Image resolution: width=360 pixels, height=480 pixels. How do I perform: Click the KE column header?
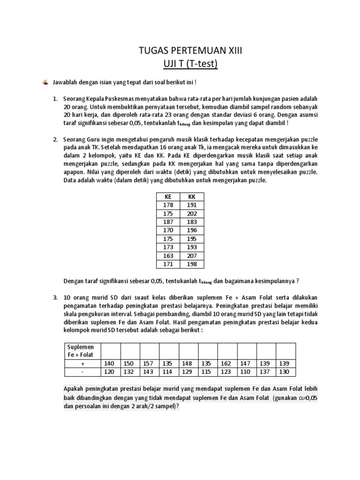click(168, 197)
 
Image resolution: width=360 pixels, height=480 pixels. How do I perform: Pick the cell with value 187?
click(168, 222)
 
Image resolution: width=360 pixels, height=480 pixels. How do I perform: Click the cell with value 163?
click(168, 256)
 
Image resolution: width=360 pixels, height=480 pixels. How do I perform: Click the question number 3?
click(55, 298)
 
